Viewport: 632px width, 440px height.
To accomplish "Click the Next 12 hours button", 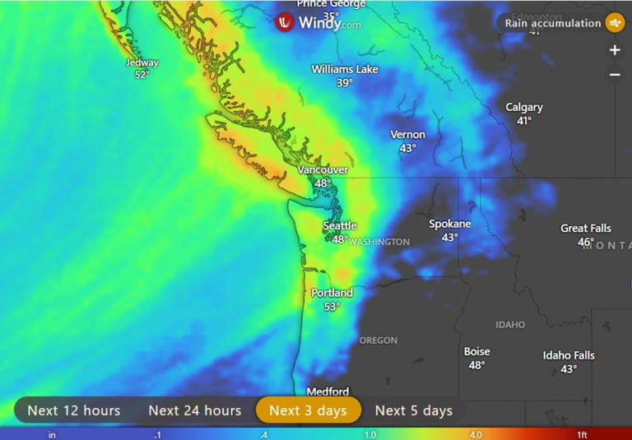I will (74, 410).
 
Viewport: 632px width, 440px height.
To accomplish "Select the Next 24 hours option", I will (195, 410).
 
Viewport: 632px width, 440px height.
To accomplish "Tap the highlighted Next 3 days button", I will (309, 410).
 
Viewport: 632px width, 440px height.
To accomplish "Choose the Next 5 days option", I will (414, 410).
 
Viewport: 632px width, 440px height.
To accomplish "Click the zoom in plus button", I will (615, 50).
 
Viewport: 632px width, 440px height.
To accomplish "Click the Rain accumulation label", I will (553, 23).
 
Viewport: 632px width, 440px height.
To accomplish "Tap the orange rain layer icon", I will (615, 23).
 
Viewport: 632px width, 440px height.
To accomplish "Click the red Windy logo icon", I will (285, 23).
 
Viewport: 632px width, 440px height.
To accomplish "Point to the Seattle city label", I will (340, 225).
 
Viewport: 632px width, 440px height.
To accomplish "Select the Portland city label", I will (332, 293).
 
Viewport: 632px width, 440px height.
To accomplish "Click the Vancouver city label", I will (323, 170).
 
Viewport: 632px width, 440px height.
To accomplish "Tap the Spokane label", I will (450, 224).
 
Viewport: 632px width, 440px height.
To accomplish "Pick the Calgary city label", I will (524, 108).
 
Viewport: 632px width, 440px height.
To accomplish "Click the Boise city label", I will (477, 352).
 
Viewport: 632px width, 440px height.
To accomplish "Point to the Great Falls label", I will (586, 229).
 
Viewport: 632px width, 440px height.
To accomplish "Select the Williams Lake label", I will (345, 70).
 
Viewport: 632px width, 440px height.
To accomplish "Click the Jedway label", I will (142, 63).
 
